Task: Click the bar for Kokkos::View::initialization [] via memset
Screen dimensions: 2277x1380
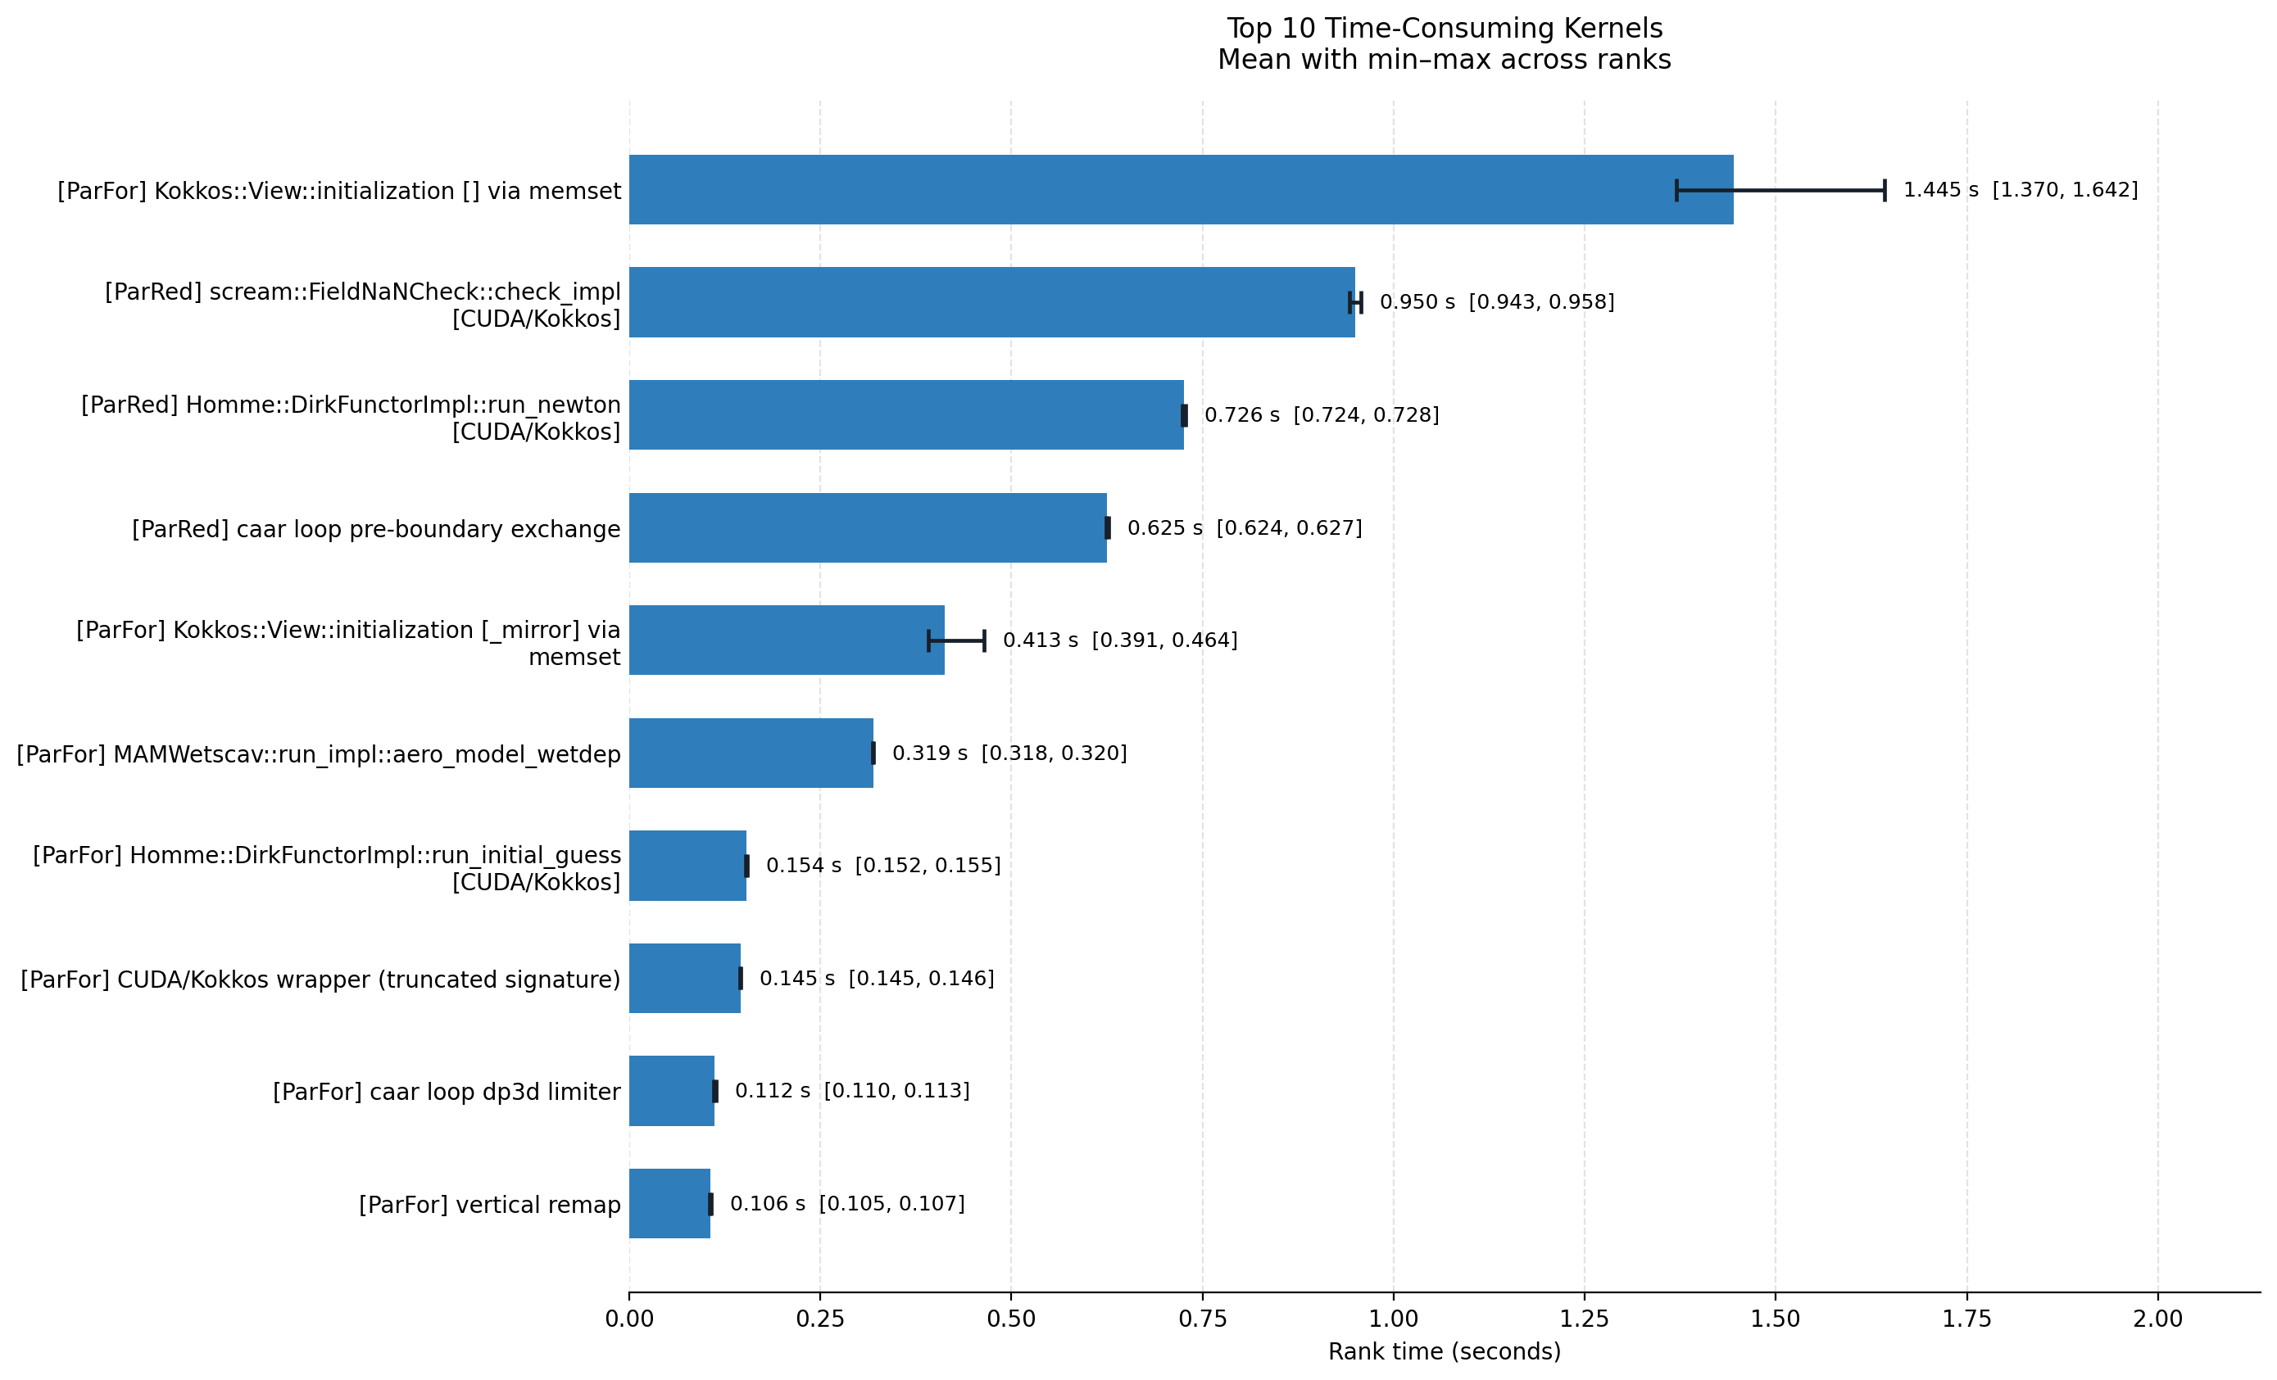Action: coord(1181,189)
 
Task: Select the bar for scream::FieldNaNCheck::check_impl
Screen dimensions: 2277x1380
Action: coord(991,302)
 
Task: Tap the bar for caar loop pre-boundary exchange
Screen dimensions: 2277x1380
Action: coord(868,527)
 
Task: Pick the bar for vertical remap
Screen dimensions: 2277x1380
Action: coord(670,1204)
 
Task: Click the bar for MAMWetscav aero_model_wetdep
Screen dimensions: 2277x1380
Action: coord(751,753)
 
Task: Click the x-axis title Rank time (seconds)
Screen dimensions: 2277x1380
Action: coord(1445,1352)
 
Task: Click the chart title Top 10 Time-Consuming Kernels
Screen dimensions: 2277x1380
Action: coord(1445,29)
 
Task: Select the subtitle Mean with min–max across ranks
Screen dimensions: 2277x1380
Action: coord(1445,60)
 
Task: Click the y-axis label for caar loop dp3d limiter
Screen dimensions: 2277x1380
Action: coord(447,1092)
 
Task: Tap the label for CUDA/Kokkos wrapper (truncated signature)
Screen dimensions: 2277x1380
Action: coord(320,980)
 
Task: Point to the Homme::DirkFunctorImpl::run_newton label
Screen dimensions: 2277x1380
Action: coord(352,418)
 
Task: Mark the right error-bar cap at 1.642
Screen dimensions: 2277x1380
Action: coord(1885,190)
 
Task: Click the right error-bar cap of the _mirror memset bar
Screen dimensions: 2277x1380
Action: coord(984,640)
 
